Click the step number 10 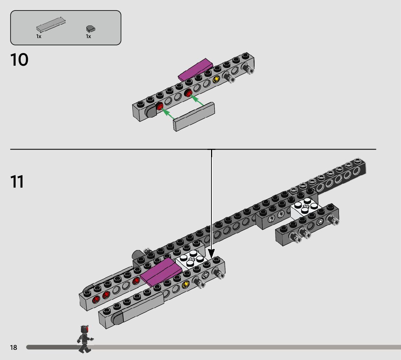(20, 60)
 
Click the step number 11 (17, 181)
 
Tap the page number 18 (13, 348)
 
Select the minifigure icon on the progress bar (85, 339)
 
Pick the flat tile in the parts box (51, 25)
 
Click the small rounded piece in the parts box (90, 28)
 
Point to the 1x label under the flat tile (39, 36)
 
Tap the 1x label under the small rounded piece (88, 36)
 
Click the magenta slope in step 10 (196, 70)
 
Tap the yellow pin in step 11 (186, 284)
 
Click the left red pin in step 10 (160, 106)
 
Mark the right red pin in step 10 (189, 94)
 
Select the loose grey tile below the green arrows (194, 116)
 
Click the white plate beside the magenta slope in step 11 (190, 261)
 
